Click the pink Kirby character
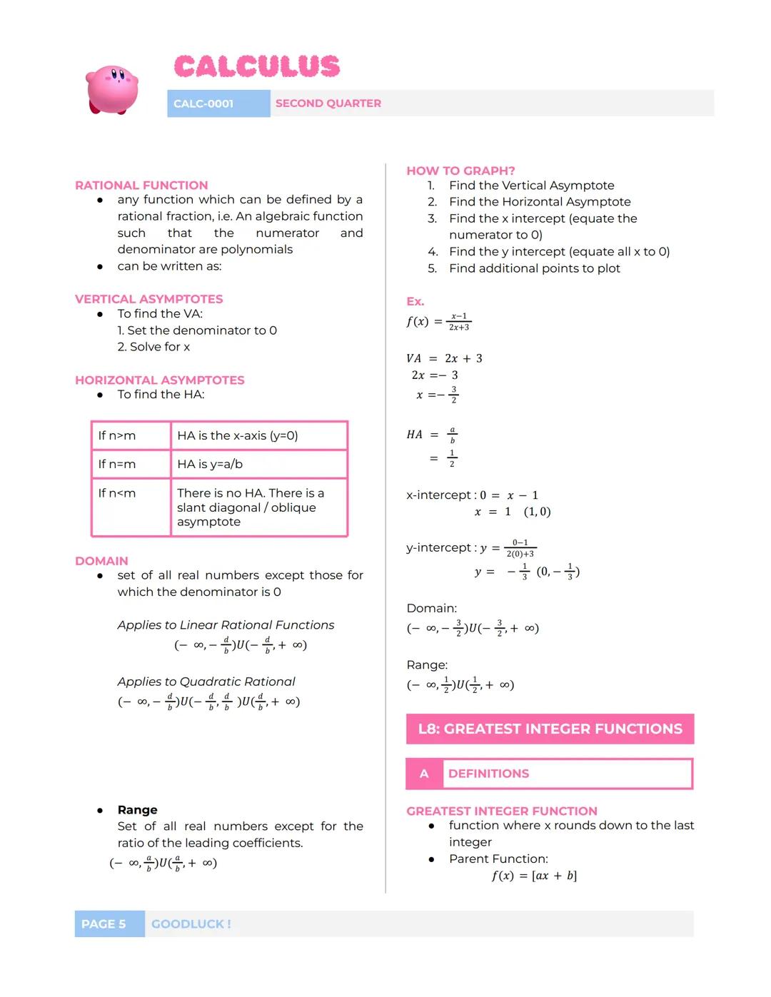(x=112, y=90)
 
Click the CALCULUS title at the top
(x=257, y=67)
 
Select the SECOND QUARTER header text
(x=328, y=103)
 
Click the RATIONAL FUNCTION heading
(x=141, y=186)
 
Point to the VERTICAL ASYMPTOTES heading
(x=148, y=299)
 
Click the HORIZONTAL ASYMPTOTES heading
(x=159, y=380)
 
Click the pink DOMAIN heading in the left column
(x=101, y=561)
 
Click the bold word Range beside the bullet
(x=137, y=810)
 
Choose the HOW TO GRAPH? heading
(x=460, y=171)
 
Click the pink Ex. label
(x=415, y=302)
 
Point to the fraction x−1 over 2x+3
(x=459, y=322)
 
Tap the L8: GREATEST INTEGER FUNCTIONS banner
(x=550, y=729)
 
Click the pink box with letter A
(x=424, y=774)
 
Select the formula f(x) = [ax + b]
(x=534, y=876)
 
